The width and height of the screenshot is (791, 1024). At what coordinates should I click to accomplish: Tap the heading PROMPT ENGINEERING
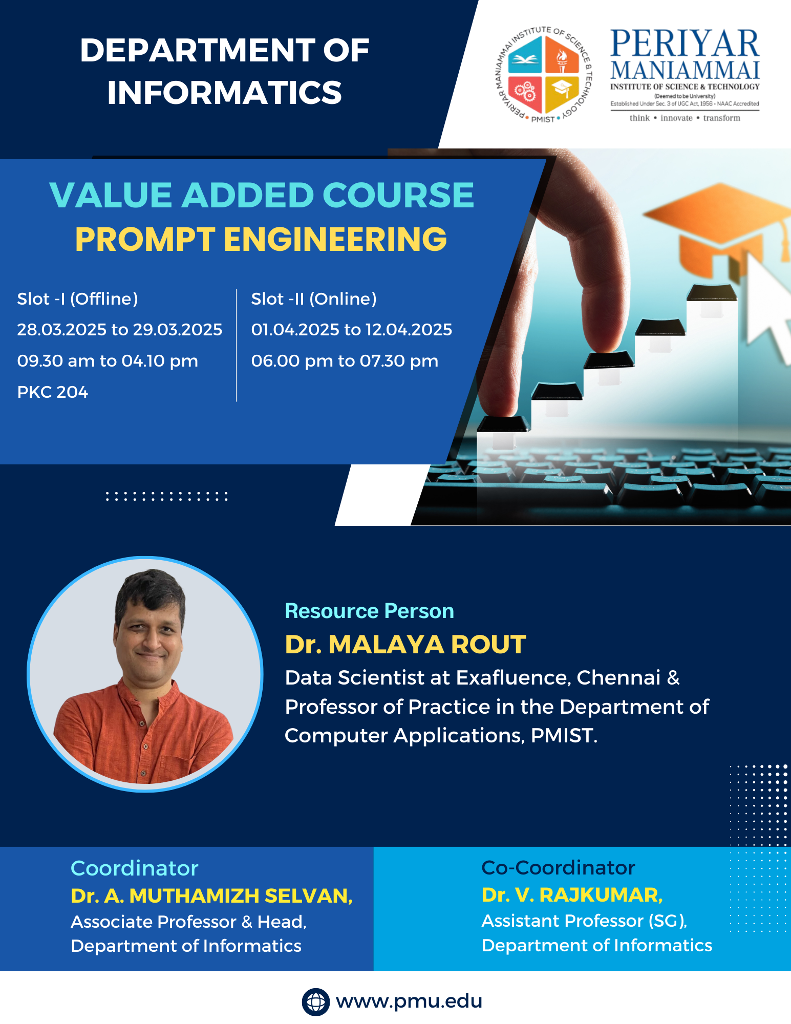click(x=261, y=239)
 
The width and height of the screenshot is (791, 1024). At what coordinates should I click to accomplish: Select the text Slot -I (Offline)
click(x=77, y=298)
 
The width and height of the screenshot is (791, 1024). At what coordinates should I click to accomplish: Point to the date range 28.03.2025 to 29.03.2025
click(x=119, y=329)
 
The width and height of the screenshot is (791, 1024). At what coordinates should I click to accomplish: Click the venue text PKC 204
click(x=52, y=392)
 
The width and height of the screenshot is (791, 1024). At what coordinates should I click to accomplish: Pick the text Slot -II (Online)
click(x=314, y=298)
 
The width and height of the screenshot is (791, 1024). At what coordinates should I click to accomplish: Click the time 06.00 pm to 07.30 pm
click(x=345, y=361)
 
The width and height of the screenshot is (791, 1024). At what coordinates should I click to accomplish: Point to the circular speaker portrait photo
click(x=145, y=674)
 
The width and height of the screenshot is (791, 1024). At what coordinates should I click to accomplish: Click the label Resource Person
click(x=369, y=611)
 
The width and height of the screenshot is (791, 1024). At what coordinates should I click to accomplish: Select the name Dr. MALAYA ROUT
click(x=405, y=644)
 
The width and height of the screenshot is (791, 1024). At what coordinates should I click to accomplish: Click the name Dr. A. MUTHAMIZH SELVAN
click(x=212, y=895)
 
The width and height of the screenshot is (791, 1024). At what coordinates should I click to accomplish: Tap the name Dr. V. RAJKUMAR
click(x=572, y=894)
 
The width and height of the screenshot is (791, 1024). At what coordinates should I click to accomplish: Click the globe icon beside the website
click(x=315, y=1001)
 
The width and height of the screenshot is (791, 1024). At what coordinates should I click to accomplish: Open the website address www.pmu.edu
click(x=409, y=1001)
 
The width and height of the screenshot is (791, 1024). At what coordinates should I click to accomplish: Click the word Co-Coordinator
click(x=558, y=867)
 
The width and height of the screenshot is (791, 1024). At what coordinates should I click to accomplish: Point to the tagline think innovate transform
click(x=685, y=118)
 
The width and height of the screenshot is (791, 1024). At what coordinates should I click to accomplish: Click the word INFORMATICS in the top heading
click(x=224, y=93)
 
